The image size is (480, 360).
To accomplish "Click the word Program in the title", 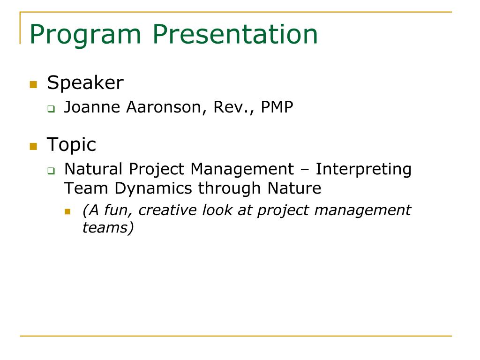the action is (x=85, y=36).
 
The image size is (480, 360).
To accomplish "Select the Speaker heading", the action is (x=85, y=83).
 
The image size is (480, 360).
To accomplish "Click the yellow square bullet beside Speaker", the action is (x=33, y=84).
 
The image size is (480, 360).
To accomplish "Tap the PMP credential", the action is (x=277, y=107).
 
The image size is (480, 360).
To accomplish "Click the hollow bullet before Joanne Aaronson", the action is (x=51, y=109).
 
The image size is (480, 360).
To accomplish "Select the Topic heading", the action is (x=71, y=145).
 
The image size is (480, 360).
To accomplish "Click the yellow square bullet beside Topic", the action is (x=33, y=146).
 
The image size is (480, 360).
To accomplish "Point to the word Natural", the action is (x=93, y=169).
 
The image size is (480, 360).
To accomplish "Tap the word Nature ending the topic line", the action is (x=294, y=188).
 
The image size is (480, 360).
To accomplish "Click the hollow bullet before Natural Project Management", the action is (x=51, y=171).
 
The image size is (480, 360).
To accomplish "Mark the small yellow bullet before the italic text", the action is (x=67, y=211).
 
